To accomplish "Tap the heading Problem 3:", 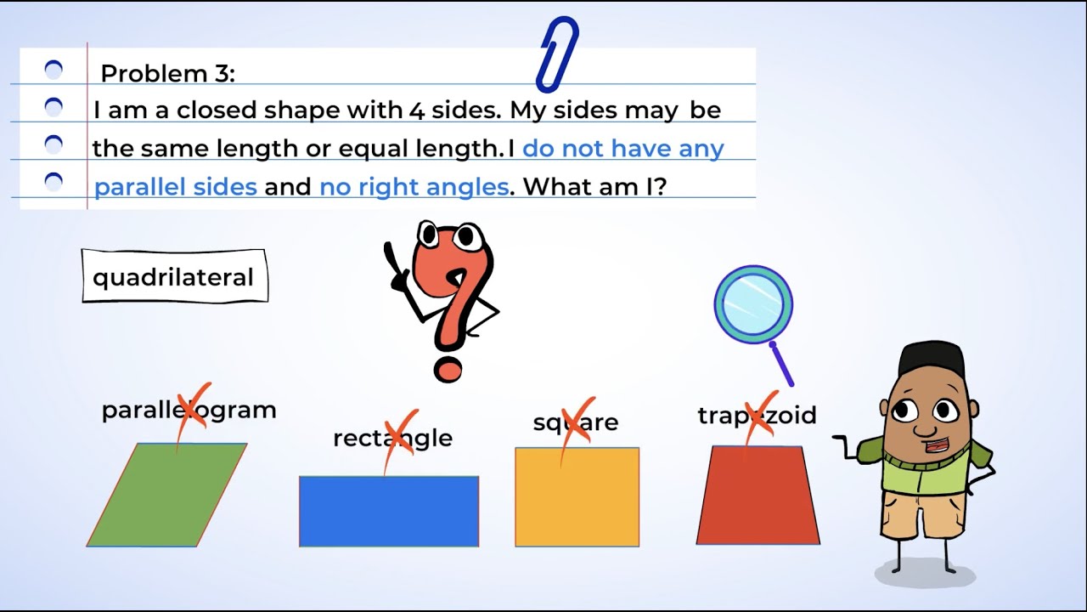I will click(167, 74).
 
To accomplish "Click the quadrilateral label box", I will click(174, 276).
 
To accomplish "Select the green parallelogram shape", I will click(167, 495).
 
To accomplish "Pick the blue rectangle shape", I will click(389, 511).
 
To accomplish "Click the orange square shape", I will click(577, 497).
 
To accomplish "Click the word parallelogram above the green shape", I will click(189, 410).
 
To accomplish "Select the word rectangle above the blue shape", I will click(392, 438).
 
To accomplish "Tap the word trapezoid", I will click(757, 415).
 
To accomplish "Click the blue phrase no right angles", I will click(414, 187).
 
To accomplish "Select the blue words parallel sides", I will click(175, 187).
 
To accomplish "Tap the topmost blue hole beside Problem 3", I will click(54, 70).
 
